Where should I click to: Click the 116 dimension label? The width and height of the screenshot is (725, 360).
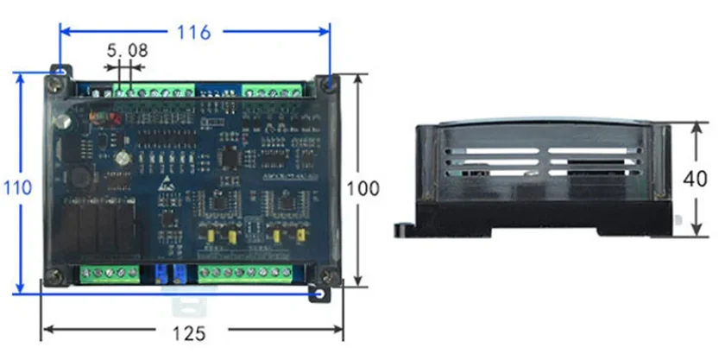coord(193,32)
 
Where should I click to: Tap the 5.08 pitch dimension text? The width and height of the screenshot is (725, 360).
coord(127,50)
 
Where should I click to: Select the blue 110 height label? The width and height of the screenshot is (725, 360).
coord(18,188)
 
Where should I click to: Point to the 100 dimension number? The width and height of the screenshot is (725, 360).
coord(363,188)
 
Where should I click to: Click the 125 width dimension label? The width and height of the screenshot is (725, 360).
coord(189,332)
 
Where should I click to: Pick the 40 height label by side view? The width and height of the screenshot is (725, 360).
coord(695,179)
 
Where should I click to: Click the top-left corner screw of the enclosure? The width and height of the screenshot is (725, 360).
coord(56,85)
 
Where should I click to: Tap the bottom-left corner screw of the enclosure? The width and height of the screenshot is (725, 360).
coord(54,277)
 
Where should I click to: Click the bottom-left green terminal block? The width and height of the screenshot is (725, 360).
coord(110,274)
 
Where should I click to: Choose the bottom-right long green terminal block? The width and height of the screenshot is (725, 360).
coord(245,274)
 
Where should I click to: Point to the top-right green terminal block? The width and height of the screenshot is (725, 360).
coord(273,91)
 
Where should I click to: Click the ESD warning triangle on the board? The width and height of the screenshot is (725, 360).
coord(164,185)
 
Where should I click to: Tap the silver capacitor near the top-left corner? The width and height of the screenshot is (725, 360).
coord(62,122)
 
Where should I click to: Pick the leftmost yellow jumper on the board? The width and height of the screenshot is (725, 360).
coord(211,236)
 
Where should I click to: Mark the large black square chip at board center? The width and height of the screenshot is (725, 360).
coord(230,157)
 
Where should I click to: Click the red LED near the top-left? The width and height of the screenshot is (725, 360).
coord(116,119)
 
